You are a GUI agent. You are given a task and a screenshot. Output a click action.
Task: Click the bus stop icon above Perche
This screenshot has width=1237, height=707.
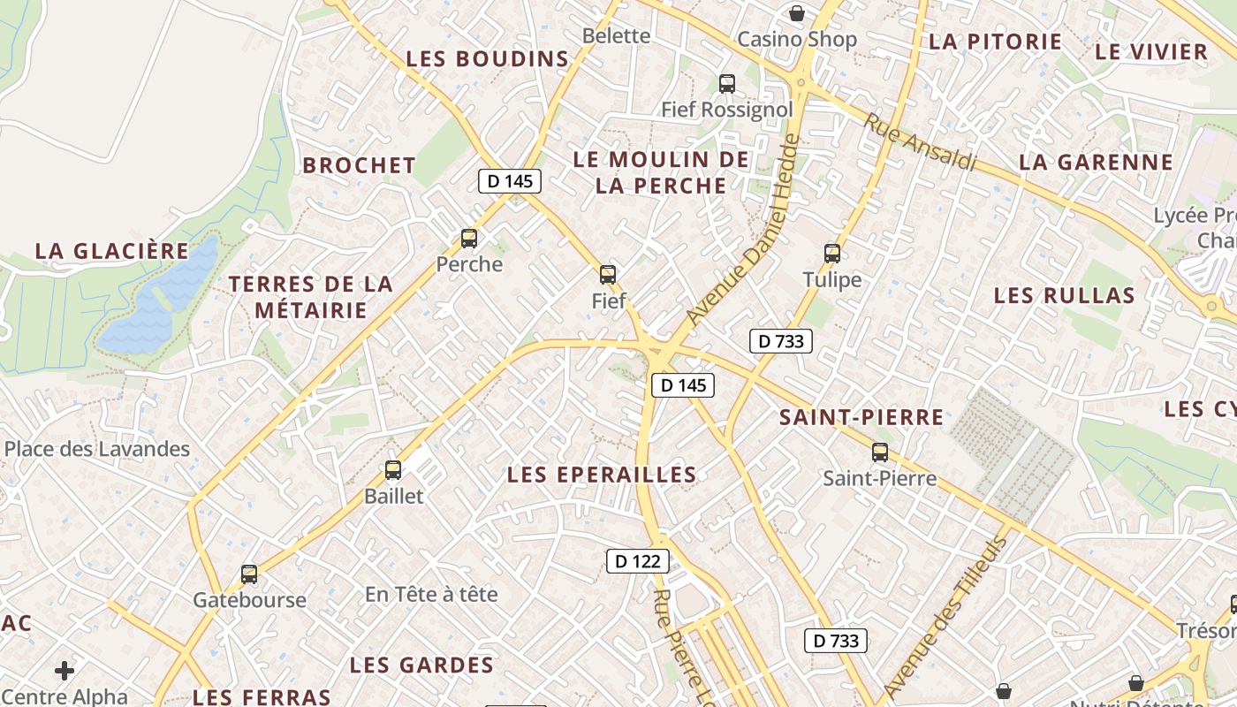tap(469, 238)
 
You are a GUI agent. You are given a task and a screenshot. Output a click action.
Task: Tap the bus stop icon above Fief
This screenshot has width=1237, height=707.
tap(608, 274)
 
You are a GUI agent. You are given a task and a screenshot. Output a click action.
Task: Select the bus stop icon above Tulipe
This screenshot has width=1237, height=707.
tap(832, 253)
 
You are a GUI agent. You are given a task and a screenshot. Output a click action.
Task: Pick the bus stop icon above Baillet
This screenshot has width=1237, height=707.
tap(393, 469)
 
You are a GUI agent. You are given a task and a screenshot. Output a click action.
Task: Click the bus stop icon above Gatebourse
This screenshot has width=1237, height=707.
tap(249, 574)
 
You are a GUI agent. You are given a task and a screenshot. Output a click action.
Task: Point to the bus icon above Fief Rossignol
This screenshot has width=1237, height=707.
tap(727, 83)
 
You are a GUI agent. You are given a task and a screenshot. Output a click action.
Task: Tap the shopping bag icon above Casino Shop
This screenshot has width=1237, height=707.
tap(797, 13)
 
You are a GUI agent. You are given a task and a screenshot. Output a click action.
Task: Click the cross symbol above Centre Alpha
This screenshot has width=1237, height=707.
tap(65, 671)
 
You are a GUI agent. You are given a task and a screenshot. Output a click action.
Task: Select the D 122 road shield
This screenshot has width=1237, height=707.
tap(638, 560)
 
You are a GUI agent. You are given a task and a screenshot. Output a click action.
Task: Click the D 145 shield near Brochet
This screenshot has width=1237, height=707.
tap(510, 181)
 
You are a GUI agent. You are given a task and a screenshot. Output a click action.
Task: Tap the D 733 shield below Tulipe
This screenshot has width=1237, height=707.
tap(781, 341)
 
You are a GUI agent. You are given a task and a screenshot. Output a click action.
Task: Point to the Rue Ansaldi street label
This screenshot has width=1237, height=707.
tap(920, 141)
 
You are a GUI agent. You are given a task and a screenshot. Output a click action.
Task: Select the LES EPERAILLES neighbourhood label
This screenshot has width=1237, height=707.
tap(602, 475)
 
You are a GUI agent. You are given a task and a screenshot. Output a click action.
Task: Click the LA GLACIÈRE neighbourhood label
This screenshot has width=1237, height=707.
tap(112, 251)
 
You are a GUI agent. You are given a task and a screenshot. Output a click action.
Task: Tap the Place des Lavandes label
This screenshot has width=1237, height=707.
tap(97, 449)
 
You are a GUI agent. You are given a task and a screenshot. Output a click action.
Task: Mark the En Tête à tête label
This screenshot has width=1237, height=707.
tap(431, 594)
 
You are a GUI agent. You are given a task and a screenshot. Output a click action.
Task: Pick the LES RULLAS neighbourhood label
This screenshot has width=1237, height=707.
tap(1064, 295)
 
